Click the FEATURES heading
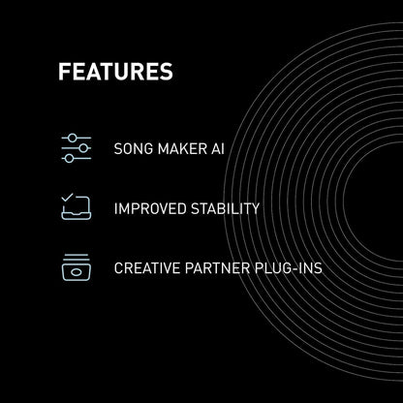pos(115,73)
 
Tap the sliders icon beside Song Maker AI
pos(76,149)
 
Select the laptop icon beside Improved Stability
pos(76,207)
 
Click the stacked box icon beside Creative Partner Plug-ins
pos(76,266)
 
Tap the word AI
pos(217,150)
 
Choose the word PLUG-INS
pos(291,266)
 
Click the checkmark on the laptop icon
pos(69,199)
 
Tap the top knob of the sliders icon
pos(71,139)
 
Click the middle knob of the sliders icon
pos(82,149)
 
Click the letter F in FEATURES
pos(64,73)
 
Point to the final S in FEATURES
pos(167,73)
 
